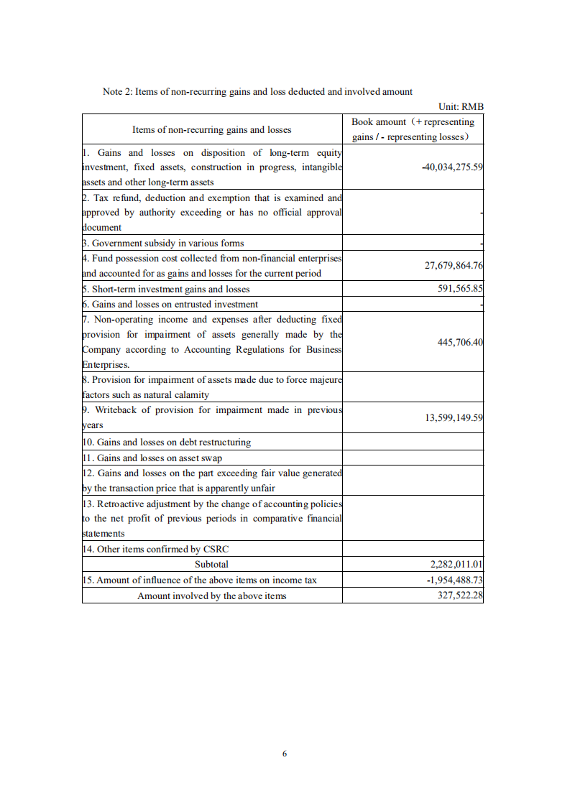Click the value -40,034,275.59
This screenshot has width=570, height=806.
point(452,167)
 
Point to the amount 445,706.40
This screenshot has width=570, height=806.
point(460,342)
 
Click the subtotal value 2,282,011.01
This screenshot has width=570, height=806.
point(456,565)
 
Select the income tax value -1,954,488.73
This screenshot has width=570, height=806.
point(454,580)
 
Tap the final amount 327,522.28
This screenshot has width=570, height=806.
point(460,596)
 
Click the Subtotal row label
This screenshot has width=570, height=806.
point(211,565)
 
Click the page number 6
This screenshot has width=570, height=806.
point(285,754)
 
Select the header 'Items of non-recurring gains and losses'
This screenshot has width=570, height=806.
point(211,129)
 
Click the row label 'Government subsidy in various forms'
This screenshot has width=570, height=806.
point(163,243)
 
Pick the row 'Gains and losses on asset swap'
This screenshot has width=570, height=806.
point(152,458)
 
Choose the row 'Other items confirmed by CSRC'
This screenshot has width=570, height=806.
point(155,549)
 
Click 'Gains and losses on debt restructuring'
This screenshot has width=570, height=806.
point(167,442)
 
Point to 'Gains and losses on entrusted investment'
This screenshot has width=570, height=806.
point(170,304)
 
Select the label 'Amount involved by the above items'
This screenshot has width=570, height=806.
point(211,596)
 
